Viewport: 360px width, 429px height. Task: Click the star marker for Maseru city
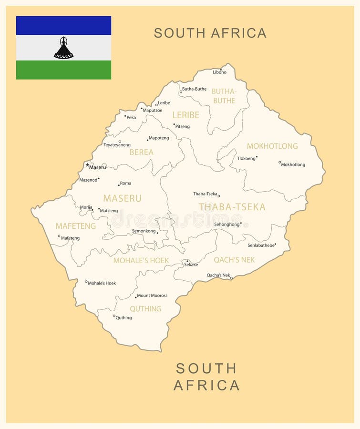(87, 165)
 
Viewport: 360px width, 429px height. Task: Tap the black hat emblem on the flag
(63, 48)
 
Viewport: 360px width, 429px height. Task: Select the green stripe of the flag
(63, 70)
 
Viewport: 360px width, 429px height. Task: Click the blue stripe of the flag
(63, 26)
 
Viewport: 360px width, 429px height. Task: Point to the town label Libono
(220, 72)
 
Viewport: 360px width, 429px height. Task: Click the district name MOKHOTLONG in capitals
(272, 146)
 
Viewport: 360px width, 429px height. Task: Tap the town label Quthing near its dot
(123, 318)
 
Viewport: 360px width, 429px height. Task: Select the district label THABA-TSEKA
(232, 207)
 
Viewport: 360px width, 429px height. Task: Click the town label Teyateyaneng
(117, 145)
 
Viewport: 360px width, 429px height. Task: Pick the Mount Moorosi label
(152, 296)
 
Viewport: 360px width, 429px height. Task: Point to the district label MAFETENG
(75, 226)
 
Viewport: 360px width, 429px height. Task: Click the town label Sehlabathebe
(261, 245)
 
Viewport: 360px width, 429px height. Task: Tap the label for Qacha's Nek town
(218, 275)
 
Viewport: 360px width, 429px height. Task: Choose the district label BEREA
(142, 153)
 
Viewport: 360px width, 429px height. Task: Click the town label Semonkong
(144, 231)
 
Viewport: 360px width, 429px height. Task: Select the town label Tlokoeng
(246, 158)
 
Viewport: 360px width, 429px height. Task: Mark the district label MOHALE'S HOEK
(141, 261)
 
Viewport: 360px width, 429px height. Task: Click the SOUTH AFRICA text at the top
(210, 33)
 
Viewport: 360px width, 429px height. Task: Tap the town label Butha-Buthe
(194, 89)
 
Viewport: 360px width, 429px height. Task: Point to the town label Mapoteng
(159, 138)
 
